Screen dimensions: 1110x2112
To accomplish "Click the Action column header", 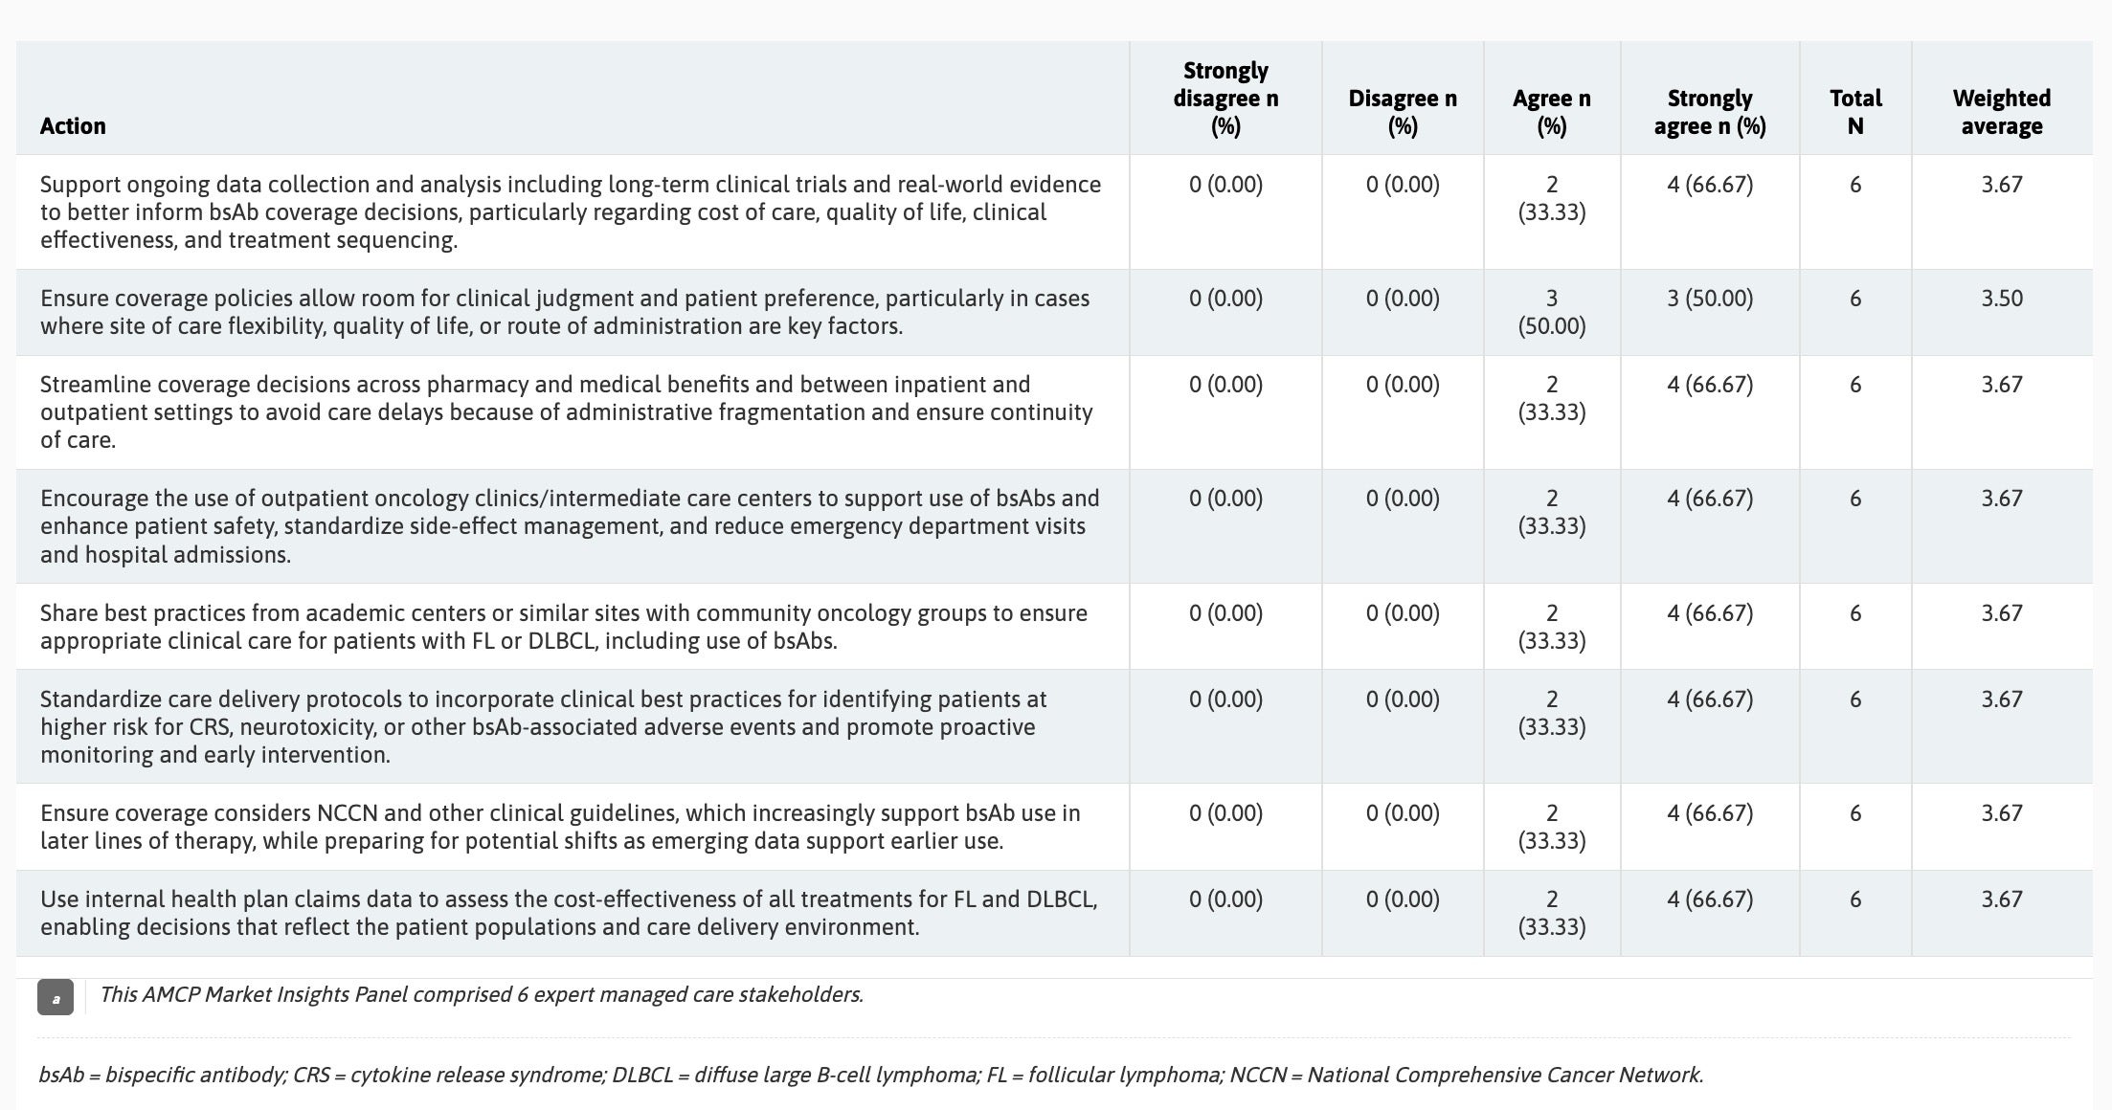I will coord(73,126).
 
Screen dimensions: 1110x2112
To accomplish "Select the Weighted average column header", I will coord(2001,112).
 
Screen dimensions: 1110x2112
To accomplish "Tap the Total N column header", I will coord(1854,112).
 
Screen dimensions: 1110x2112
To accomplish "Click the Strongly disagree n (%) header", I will coord(1225,99).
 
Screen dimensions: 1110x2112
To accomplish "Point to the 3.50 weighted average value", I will coord(2001,299).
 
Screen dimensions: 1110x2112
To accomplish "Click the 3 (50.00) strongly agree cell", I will coord(1709,299).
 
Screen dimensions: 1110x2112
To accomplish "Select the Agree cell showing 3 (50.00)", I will coord(1551,312).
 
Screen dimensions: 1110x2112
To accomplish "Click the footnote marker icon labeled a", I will coord(56,997).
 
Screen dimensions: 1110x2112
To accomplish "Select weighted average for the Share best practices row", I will coord(2001,613).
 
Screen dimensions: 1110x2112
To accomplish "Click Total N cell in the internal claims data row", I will coord(1854,899).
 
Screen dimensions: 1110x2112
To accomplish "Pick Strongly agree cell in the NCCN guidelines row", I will coord(1709,813).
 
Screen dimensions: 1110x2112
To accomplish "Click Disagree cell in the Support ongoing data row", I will coord(1402,185).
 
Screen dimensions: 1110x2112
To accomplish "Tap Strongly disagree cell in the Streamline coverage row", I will coord(1225,385).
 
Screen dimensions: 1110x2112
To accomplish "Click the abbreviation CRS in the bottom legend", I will coord(311,1076).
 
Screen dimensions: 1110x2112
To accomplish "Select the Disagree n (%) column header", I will coord(1402,112).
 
